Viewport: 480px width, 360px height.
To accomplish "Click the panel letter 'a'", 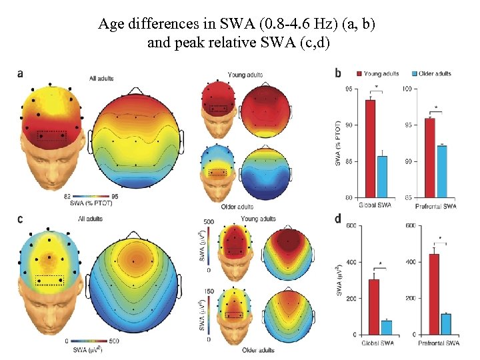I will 21,73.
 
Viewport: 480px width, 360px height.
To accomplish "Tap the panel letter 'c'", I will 21,219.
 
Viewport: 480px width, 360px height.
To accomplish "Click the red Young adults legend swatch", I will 359,73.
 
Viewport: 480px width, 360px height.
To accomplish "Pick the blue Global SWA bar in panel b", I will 382,176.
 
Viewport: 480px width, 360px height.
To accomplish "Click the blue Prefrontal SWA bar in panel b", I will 441,171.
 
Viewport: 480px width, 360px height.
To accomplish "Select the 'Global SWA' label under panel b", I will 375,206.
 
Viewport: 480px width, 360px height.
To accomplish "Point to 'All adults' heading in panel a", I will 101,79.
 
